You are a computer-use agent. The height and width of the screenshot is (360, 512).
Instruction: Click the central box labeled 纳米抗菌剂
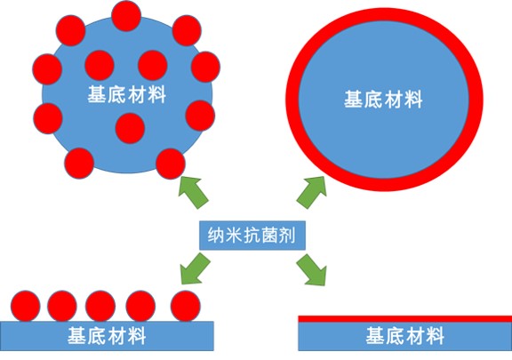coord(252,236)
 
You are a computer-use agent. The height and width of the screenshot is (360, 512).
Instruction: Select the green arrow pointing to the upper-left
coord(193,192)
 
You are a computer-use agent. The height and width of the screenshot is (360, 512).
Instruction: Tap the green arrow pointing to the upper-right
coord(311,192)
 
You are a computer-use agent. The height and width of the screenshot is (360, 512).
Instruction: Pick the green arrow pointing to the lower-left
coord(196,268)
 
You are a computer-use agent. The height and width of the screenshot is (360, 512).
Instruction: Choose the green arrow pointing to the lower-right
coord(311,269)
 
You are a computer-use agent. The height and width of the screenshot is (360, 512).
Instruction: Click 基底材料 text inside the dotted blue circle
coord(127,95)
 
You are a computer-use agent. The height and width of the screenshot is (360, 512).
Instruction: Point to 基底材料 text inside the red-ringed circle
coord(383,100)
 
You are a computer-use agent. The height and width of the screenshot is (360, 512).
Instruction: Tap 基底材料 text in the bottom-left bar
coord(107,336)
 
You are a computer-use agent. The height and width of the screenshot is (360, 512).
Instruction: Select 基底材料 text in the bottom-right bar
coord(405,336)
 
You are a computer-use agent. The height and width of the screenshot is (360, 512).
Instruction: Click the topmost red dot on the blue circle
coord(126,16)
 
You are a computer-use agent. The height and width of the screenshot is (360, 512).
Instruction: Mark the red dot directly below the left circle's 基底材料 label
coord(130,128)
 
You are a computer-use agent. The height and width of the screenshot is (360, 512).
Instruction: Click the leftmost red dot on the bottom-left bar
coord(26,306)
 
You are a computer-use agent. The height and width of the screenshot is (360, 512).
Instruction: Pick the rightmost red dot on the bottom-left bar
coord(186,306)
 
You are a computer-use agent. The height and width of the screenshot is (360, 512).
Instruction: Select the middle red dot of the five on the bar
coord(100,306)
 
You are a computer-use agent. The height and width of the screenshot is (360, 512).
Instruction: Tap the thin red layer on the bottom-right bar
coord(405,319)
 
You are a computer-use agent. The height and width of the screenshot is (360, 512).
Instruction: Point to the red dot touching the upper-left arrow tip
coord(171,164)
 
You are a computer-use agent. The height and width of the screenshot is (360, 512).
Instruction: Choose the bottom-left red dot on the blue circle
coord(79,164)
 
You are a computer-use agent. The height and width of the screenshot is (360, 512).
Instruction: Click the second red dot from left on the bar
coord(62,306)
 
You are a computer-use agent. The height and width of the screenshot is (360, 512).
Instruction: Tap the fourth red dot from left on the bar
coord(140,306)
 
